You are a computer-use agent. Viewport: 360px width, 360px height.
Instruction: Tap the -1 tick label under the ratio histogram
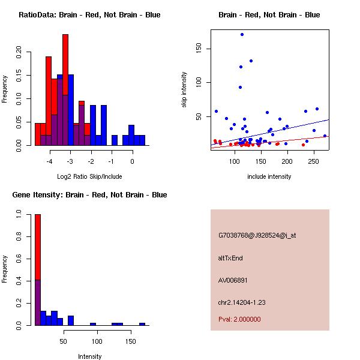112,161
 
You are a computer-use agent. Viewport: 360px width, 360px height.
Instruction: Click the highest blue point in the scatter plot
242,34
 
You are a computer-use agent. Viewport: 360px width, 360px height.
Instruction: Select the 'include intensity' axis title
269,176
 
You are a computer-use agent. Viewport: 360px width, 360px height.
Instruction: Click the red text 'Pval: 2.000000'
239,319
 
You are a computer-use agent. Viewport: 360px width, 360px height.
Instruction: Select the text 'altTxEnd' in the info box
231,258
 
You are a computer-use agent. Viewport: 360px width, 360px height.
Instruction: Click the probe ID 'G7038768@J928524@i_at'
257,235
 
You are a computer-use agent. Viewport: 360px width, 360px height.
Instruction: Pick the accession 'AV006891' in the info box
233,280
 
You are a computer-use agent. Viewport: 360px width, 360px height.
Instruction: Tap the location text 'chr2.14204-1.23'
242,302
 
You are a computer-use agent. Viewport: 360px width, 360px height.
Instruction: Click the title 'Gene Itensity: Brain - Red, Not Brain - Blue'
89,195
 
